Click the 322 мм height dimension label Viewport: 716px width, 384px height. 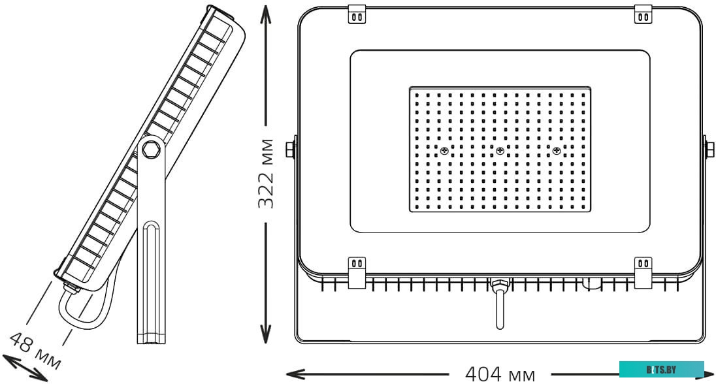[266, 174]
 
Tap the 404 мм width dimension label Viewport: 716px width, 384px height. [500, 374]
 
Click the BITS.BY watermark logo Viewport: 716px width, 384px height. [661, 370]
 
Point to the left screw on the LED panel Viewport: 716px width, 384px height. [444, 150]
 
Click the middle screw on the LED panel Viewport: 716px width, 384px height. [500, 150]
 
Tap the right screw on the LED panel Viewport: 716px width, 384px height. [556, 150]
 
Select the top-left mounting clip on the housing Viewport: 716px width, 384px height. [357, 14]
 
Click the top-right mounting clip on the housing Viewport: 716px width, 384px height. [643, 14]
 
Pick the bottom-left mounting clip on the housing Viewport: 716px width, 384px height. [357, 272]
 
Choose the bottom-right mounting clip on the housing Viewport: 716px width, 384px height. [643, 272]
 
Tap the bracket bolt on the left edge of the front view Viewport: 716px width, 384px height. [289, 149]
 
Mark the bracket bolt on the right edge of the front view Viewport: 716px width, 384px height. [710, 149]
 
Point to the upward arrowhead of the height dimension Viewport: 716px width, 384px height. [265, 13]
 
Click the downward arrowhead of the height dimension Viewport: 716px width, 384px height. [265, 334]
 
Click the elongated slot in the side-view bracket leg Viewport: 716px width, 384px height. [151, 282]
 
